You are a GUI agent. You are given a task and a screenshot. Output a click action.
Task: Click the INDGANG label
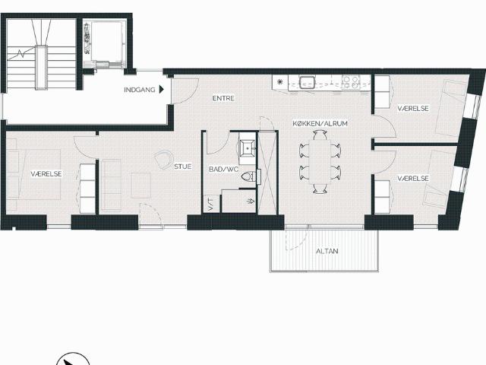[140, 90]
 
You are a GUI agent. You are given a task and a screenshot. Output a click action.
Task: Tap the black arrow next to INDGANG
[161, 90]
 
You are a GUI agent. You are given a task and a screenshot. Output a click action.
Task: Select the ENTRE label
[223, 98]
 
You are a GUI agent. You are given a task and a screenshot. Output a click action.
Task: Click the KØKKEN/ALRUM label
[320, 123]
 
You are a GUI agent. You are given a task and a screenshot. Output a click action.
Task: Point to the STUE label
[182, 167]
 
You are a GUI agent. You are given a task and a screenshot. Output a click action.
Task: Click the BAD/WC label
[224, 170]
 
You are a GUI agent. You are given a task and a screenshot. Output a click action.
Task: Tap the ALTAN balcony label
[327, 251]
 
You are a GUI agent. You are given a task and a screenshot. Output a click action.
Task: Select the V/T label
[211, 204]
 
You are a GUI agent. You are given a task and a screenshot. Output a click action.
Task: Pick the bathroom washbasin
[248, 148]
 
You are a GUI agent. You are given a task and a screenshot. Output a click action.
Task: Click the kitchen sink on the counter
[307, 82]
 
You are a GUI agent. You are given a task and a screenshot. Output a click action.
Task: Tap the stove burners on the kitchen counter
[351, 82]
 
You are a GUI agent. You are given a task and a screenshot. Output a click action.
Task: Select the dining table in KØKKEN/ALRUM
[320, 162]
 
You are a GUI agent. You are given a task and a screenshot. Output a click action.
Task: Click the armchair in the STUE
[164, 159]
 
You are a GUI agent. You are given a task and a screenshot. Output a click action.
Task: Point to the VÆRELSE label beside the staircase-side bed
[46, 174]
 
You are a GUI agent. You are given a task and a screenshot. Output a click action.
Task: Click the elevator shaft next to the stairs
[105, 43]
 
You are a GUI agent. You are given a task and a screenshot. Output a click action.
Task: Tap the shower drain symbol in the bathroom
[251, 201]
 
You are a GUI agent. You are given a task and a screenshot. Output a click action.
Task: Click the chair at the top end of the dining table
[320, 135]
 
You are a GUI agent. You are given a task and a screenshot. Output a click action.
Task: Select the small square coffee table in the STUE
[141, 186]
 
